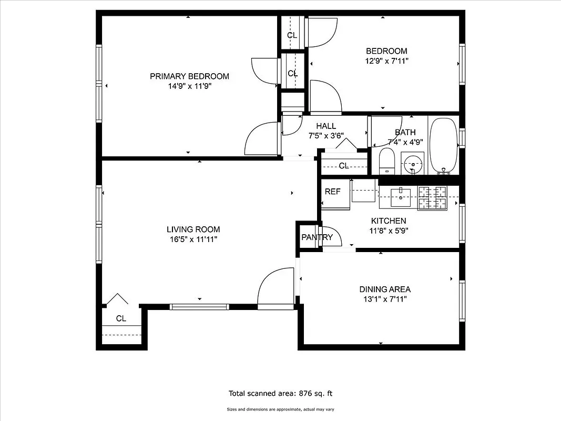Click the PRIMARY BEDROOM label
(189, 76)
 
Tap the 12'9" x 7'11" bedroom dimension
(386, 61)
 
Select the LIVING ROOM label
(193, 229)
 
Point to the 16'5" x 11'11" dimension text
(193, 239)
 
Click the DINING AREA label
(385, 289)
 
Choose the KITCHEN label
(389, 221)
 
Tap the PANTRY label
(317, 237)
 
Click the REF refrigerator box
(332, 192)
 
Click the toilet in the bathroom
(387, 161)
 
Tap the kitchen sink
(402, 196)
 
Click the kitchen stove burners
(432, 198)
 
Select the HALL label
(326, 126)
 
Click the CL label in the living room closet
(121, 318)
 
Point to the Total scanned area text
(280, 393)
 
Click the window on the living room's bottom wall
(199, 306)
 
